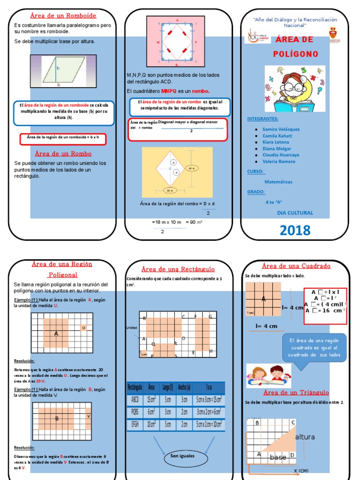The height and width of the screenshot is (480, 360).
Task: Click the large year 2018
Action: point(295,230)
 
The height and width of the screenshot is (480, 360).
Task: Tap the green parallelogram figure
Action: point(59,71)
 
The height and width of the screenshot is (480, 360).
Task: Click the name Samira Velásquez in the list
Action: point(281,129)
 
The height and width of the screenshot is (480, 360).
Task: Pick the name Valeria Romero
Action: point(279,161)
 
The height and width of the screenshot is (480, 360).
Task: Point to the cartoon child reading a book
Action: point(294,89)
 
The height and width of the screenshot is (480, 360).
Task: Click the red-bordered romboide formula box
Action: point(63,139)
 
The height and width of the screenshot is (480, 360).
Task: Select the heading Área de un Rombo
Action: point(63,153)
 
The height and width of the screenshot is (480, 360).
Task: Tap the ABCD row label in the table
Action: point(135,400)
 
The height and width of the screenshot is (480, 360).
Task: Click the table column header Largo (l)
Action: point(168,387)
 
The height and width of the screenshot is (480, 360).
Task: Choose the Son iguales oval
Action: point(182,456)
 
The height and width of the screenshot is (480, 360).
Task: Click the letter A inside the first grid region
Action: point(56,334)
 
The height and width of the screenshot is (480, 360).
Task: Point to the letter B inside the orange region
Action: point(57,419)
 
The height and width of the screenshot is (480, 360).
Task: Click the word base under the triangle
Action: point(278,457)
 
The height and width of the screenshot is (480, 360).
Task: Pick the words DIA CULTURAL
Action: point(295,213)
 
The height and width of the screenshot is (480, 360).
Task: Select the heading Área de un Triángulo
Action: point(296,392)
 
